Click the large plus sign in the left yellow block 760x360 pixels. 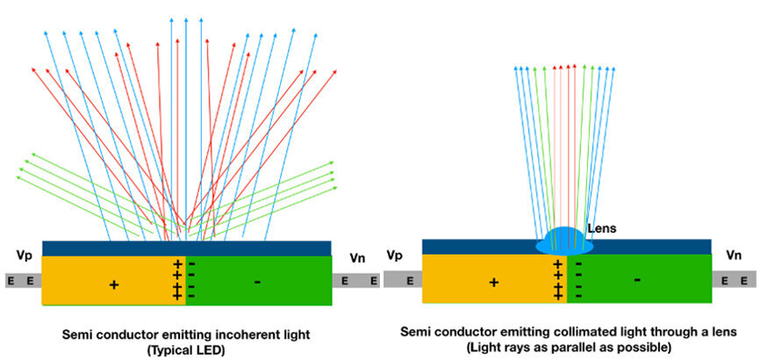113,284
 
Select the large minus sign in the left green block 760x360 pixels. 256,282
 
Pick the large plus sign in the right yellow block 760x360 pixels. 493,282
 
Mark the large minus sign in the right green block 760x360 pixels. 636,280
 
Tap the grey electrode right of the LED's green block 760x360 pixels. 355,281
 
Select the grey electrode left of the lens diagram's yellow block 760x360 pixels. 402,281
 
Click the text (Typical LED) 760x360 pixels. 184,349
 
